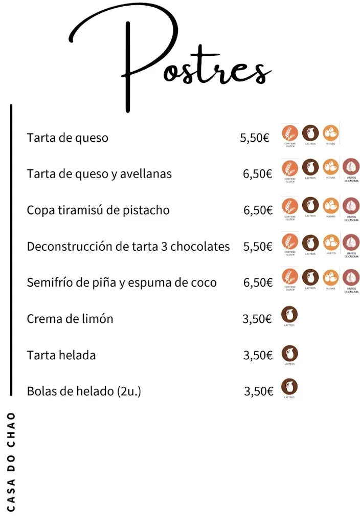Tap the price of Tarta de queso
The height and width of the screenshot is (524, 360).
tap(255, 138)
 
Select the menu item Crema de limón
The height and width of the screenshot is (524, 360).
tap(70, 319)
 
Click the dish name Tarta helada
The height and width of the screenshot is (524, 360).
tap(61, 355)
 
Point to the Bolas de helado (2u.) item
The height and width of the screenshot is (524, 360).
tap(84, 391)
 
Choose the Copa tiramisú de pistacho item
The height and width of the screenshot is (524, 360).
tap(98, 210)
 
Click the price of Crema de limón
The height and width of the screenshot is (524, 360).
tap(257, 319)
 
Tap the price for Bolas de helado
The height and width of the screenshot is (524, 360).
tap(259, 391)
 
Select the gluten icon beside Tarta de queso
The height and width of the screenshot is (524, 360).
tap(290, 133)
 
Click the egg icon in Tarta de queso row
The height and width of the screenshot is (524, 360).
tap(331, 133)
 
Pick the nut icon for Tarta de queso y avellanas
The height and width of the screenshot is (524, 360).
tap(351, 166)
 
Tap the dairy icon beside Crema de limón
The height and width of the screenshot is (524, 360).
tap(290, 314)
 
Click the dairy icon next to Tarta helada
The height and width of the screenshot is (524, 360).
tap(290, 353)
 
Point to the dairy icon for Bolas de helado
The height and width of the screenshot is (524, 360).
tap(290, 386)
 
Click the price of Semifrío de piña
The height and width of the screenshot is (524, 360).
tap(258, 283)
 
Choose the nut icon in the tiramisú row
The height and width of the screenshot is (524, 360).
tap(351, 206)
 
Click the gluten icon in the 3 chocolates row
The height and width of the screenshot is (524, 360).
tap(290, 242)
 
